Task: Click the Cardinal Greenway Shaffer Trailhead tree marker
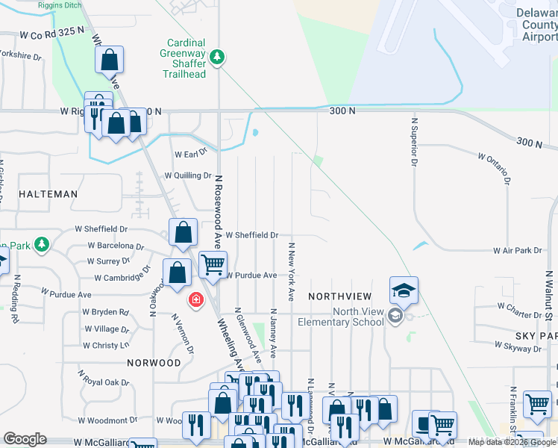(217, 57)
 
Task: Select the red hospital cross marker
(195, 299)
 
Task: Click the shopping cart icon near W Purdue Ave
(213, 264)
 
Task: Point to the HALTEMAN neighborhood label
(48, 194)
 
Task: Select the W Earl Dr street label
(190, 154)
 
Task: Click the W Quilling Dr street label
(188, 176)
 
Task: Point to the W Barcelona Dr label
(116, 245)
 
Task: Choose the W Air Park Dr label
(517, 251)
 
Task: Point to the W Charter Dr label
(523, 306)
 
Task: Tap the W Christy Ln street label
(106, 346)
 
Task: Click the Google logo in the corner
(25, 439)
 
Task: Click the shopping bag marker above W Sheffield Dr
(184, 232)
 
